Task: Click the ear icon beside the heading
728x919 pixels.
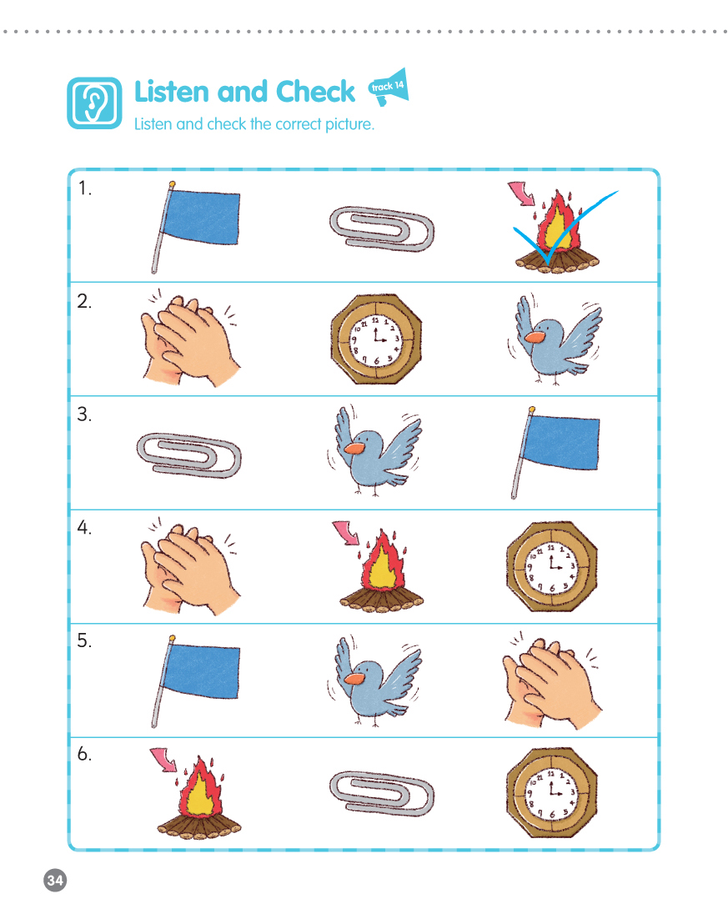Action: (x=94, y=103)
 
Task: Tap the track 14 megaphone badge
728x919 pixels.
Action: (x=389, y=88)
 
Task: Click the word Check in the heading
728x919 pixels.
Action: (x=314, y=92)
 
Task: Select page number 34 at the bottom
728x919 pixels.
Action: (x=55, y=880)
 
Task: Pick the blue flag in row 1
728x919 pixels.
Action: (x=196, y=227)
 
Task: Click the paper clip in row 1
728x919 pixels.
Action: (x=382, y=229)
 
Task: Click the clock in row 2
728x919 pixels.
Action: (x=376, y=339)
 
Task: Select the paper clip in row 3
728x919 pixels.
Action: (x=188, y=455)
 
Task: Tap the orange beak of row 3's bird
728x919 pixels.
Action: (x=354, y=449)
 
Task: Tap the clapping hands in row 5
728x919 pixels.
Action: (x=552, y=681)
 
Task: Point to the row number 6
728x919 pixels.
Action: (x=84, y=754)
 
